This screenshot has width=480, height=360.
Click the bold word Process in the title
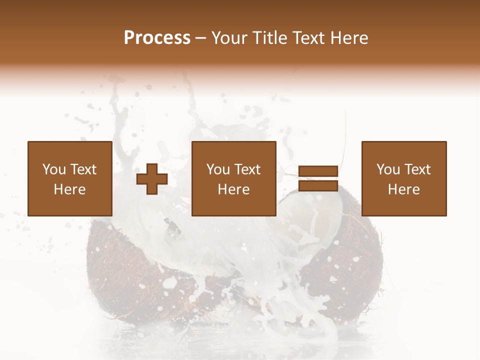click(157, 38)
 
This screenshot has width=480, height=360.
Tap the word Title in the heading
click(270, 38)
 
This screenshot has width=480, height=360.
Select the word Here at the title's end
click(349, 38)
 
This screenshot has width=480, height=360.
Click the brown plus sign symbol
click(152, 179)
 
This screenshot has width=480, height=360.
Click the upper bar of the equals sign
click(318, 171)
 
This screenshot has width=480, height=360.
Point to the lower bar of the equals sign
click(318, 186)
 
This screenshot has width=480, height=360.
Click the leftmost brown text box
click(70, 178)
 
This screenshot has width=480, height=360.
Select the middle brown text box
click(234, 178)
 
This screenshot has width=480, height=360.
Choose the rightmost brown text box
click(404, 178)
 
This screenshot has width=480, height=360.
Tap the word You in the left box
click(53, 169)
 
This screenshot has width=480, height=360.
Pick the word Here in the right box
click(404, 189)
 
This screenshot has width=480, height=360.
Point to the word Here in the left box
click(70, 189)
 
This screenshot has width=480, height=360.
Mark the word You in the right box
click(387, 169)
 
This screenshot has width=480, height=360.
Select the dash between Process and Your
click(201, 38)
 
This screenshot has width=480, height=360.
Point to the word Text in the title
click(308, 38)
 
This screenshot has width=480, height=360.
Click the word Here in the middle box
click(234, 189)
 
